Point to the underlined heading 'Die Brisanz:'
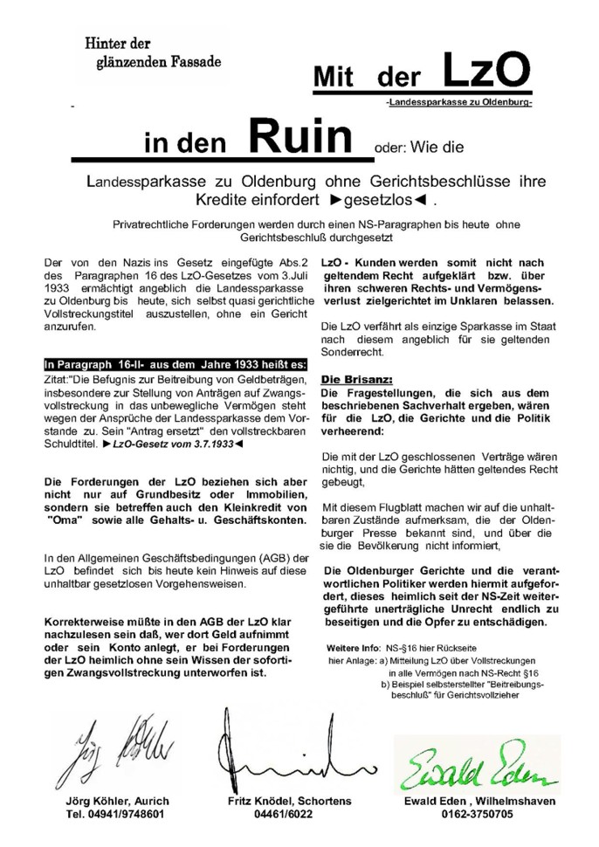356,381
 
